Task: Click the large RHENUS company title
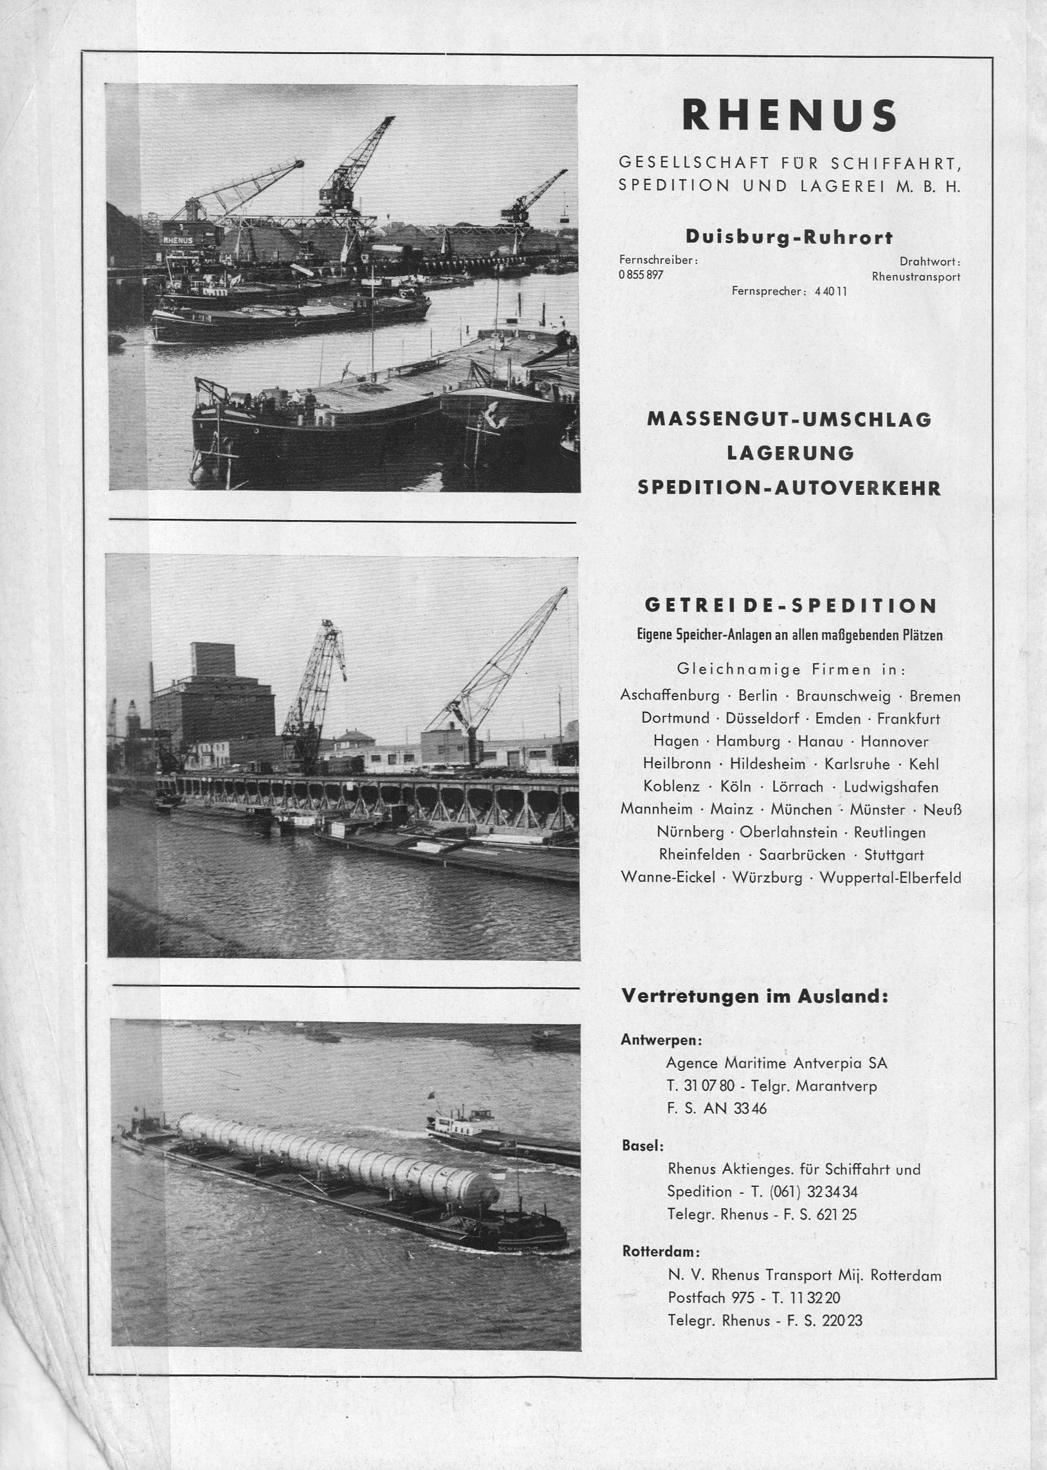[789, 116]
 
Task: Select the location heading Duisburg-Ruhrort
[789, 237]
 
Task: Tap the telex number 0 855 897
[641, 275]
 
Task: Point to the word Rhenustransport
[915, 277]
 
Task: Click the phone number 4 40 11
[830, 291]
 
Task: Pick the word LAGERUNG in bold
[790, 454]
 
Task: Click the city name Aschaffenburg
[669, 696]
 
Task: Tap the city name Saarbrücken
[801, 855]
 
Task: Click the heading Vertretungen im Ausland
[754, 996]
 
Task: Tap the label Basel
[642, 1146]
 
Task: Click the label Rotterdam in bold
[661, 1252]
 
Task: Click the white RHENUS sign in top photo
[178, 240]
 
